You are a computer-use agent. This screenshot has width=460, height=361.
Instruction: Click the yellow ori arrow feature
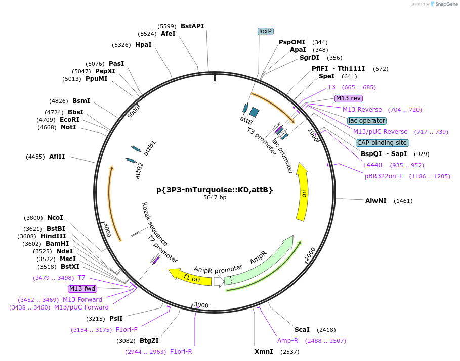pyautogui.click(x=303, y=192)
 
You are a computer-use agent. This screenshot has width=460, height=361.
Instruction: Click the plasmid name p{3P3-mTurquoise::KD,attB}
pyautogui.click(x=215, y=190)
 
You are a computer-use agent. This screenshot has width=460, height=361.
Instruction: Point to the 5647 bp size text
pyautogui.click(x=215, y=198)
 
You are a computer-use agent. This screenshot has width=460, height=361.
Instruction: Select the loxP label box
pyautogui.click(x=266, y=31)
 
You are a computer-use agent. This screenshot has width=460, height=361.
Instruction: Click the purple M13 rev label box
pyautogui.click(x=349, y=98)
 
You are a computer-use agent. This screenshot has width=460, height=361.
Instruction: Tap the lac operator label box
pyautogui.click(x=367, y=121)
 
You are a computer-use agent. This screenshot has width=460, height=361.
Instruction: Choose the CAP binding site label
pyautogui.click(x=382, y=143)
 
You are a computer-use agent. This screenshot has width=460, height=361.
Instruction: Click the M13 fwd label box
pyautogui.click(x=82, y=289)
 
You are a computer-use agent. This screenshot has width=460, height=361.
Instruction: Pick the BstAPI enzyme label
pyautogui.click(x=192, y=26)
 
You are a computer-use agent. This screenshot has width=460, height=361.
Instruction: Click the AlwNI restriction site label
pyautogui.click(x=376, y=201)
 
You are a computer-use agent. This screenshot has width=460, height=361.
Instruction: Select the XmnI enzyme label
pyautogui.click(x=264, y=352)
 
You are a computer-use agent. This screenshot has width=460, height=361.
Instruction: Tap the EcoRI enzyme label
pyautogui.click(x=70, y=120)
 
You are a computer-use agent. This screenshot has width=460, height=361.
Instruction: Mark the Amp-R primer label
pyautogui.click(x=287, y=341)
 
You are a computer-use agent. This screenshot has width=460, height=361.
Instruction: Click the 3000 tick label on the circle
pyautogui.click(x=201, y=305)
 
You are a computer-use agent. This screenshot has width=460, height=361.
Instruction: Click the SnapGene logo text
pyautogui.click(x=445, y=4)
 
